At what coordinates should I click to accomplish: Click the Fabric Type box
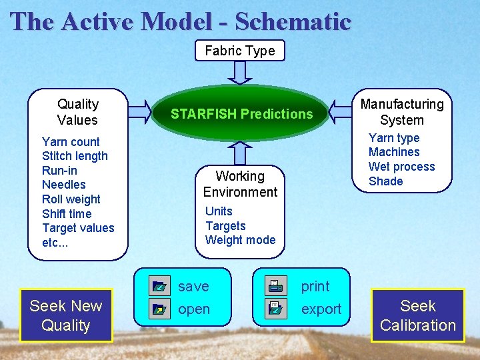point(240,51)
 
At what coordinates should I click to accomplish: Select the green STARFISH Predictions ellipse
point(241,114)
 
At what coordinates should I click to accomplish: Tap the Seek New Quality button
point(66,315)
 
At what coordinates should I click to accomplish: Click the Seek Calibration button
point(418,315)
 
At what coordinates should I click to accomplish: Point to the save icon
point(159,287)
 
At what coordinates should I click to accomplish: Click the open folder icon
point(159,309)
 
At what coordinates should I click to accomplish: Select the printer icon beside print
point(274,287)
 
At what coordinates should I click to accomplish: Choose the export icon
point(274,309)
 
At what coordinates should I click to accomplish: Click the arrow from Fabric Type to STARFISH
point(240,71)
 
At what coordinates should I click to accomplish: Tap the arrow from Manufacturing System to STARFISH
point(341,112)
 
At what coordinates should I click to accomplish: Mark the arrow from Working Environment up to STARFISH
point(240,153)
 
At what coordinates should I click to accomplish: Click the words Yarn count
point(71,141)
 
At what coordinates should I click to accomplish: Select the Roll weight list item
point(71,199)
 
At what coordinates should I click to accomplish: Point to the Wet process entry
point(401,167)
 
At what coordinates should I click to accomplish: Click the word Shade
point(386,181)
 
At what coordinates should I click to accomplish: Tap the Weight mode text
point(240,240)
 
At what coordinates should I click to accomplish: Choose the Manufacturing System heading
point(401,112)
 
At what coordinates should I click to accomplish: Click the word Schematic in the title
point(293,21)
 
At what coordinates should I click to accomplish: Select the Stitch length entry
point(75,156)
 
